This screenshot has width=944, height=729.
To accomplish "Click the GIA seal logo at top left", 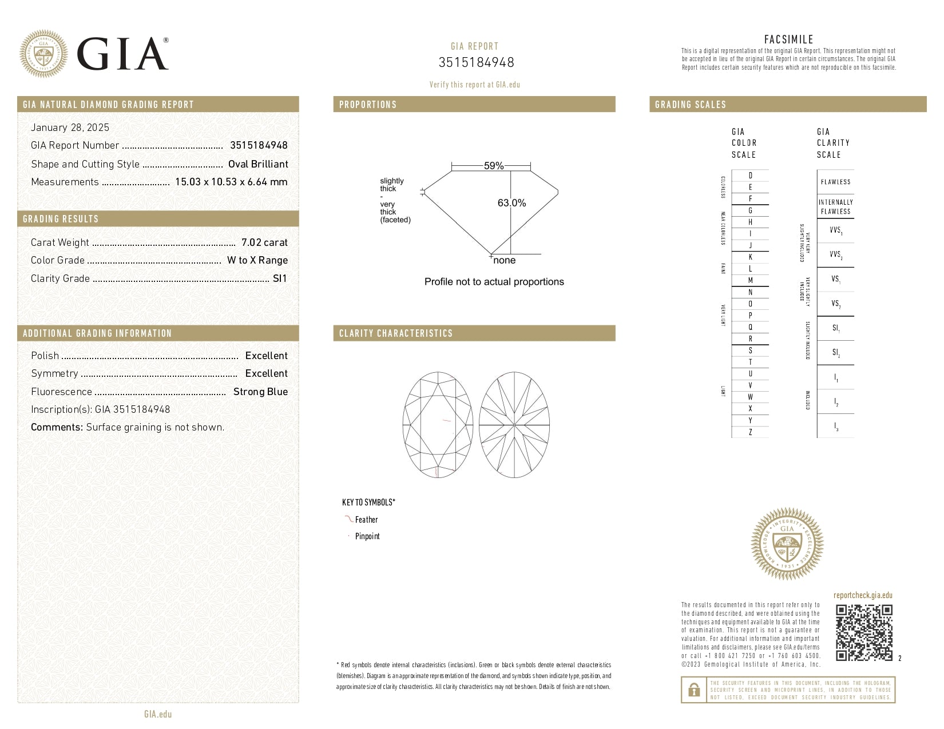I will click(x=43, y=54).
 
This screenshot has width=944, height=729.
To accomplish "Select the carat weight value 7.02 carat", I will click(x=264, y=242).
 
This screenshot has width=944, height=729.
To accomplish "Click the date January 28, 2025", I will click(x=70, y=128).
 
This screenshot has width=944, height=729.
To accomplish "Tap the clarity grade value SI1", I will click(x=280, y=278).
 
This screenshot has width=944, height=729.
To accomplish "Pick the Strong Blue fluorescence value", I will click(x=260, y=392).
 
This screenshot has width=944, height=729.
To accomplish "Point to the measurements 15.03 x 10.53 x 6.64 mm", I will click(x=231, y=182).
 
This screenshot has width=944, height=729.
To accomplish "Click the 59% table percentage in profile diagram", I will click(x=493, y=166).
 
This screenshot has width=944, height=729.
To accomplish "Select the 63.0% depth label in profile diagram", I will click(x=511, y=203).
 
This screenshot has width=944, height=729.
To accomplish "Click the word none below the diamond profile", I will click(x=504, y=261).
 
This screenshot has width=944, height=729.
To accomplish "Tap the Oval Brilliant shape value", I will click(x=258, y=164).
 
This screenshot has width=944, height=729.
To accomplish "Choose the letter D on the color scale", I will click(x=750, y=176).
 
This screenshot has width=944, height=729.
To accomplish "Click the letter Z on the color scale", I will click(x=750, y=432).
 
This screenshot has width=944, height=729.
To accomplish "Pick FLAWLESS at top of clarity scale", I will click(x=835, y=182).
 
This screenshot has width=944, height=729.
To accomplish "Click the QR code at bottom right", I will click(x=863, y=632).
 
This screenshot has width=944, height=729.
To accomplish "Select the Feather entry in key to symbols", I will click(x=366, y=520).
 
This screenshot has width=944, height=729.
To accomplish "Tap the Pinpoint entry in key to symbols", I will click(x=367, y=536).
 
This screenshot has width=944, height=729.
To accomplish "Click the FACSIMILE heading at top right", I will click(x=788, y=39).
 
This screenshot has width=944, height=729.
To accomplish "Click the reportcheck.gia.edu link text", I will click(x=863, y=595).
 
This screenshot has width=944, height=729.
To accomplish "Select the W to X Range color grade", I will click(x=257, y=260).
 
